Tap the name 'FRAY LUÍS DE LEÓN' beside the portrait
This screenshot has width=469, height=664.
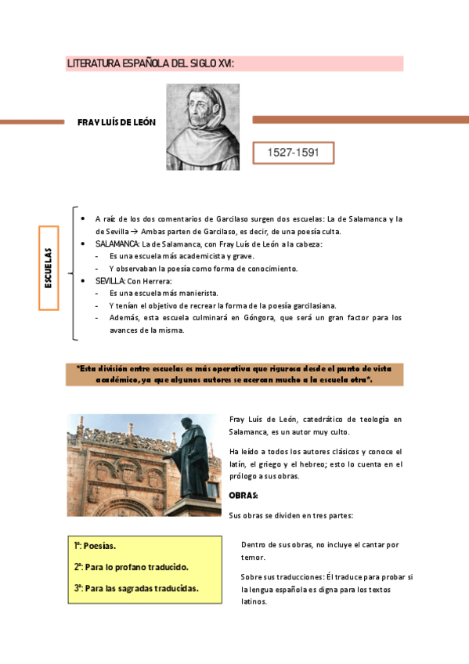pos(117,122)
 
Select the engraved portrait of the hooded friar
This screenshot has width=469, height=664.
pos(203,127)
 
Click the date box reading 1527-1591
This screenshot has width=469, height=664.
pos(294,153)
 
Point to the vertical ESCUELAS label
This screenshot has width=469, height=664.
pos(49,269)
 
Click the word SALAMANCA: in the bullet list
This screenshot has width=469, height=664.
pos(117,244)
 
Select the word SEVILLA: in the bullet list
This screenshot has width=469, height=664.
pos(110,280)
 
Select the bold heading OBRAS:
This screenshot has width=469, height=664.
pos(243,496)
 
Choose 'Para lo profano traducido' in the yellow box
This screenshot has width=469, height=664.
pos(136,566)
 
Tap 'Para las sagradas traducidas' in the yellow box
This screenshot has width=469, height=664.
pos(141,587)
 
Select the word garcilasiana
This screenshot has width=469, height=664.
pos(311,305)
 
